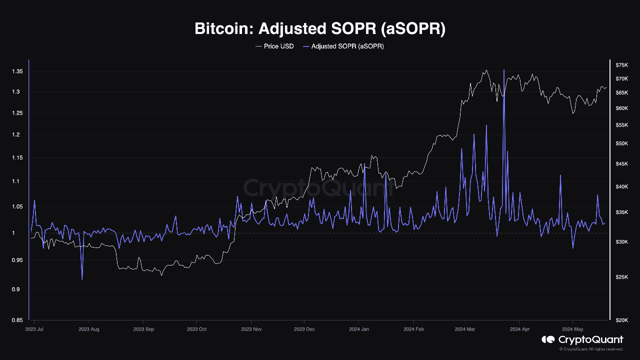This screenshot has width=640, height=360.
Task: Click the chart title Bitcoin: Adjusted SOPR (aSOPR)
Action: pos(319,28)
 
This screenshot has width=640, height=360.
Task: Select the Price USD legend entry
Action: pos(274,46)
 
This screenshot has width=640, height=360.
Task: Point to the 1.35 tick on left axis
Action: pos(17,72)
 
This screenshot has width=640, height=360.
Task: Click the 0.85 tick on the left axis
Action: pos(17,320)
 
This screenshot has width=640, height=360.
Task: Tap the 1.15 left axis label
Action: pos(17,158)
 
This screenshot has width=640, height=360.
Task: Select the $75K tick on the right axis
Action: pos(622,65)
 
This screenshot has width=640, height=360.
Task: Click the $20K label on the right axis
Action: pos(622,320)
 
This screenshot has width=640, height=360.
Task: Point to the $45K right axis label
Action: pos(622,164)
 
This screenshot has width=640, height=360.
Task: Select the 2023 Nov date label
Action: pos(251,329)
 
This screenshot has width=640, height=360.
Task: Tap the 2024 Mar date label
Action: pos(465,329)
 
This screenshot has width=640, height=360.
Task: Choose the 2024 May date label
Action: pos(572,329)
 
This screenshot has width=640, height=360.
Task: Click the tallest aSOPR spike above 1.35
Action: pos(504,71)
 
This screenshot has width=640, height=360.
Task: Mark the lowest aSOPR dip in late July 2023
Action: pos(82,278)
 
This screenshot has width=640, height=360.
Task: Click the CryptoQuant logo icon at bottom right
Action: pos(548,340)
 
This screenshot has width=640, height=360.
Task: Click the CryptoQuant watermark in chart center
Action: pos(318,188)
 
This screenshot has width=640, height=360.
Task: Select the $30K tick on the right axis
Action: pos(622,242)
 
